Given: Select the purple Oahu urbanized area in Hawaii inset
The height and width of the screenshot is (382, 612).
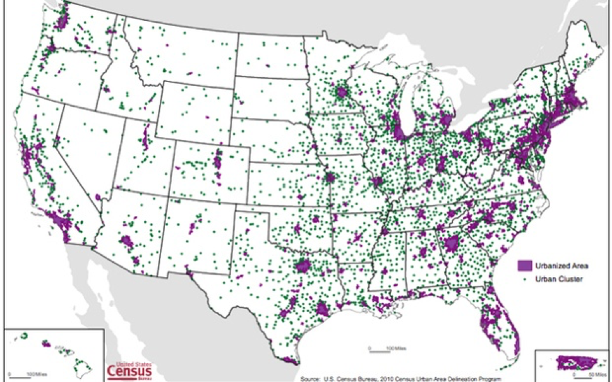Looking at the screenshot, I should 46,345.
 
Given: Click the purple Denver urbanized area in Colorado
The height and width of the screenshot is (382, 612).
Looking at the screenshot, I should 218,159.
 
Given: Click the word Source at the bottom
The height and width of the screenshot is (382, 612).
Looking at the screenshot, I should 311,378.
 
